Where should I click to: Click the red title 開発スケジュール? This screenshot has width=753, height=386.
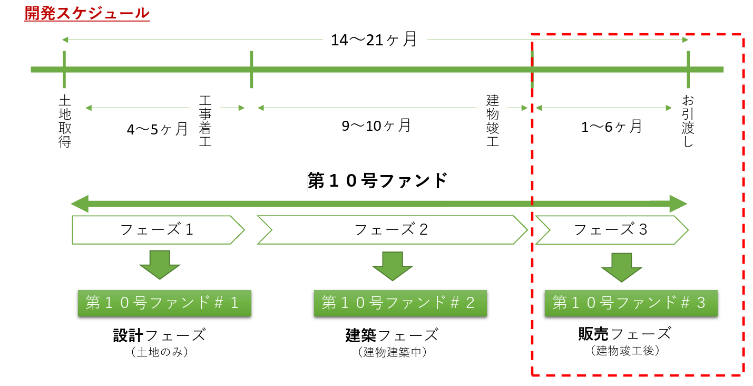[x=87, y=13]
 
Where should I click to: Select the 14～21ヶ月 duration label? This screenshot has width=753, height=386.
[x=374, y=40]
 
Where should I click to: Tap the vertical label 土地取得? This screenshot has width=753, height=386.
[x=64, y=121]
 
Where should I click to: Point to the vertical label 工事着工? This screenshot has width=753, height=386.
[x=206, y=121]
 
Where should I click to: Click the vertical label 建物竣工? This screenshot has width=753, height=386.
[x=493, y=121]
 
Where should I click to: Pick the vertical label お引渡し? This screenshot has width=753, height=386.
[x=688, y=121]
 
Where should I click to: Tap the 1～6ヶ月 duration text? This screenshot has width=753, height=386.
[x=611, y=127]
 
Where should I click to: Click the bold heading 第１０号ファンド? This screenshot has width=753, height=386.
[x=377, y=181]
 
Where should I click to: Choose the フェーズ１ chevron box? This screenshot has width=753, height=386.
[x=158, y=229]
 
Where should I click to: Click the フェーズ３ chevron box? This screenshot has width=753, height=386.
[x=611, y=229]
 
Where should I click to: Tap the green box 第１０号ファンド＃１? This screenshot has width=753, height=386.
[x=164, y=303]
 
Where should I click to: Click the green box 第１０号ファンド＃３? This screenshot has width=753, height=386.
[x=631, y=303]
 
